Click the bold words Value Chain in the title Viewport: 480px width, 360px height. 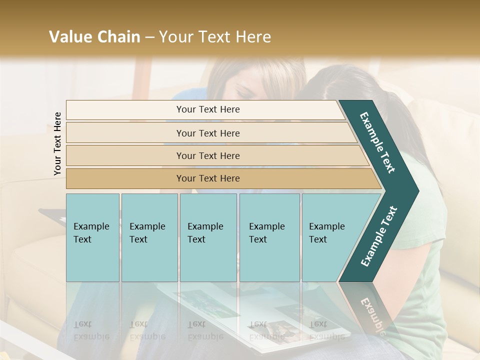point(94,37)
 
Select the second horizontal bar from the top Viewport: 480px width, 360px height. point(207,133)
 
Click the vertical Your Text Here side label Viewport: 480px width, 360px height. point(57,143)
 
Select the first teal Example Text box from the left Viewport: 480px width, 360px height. point(92,237)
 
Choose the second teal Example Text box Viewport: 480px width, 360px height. point(149,237)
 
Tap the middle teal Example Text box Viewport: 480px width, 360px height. point(208,237)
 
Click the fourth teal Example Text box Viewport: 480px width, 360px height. point(269,237)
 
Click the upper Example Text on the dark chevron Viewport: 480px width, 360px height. point(378,142)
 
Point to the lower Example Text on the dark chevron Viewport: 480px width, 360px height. point(379,236)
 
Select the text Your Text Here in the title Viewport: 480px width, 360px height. point(215,37)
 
